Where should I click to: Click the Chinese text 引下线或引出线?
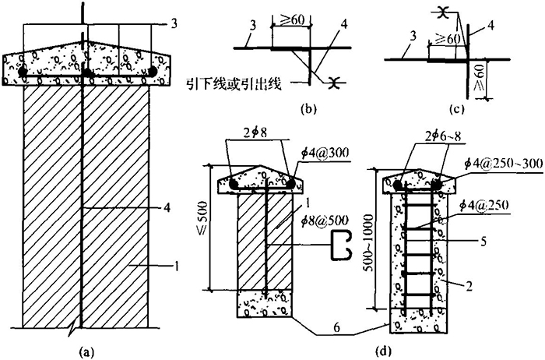[243, 81]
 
